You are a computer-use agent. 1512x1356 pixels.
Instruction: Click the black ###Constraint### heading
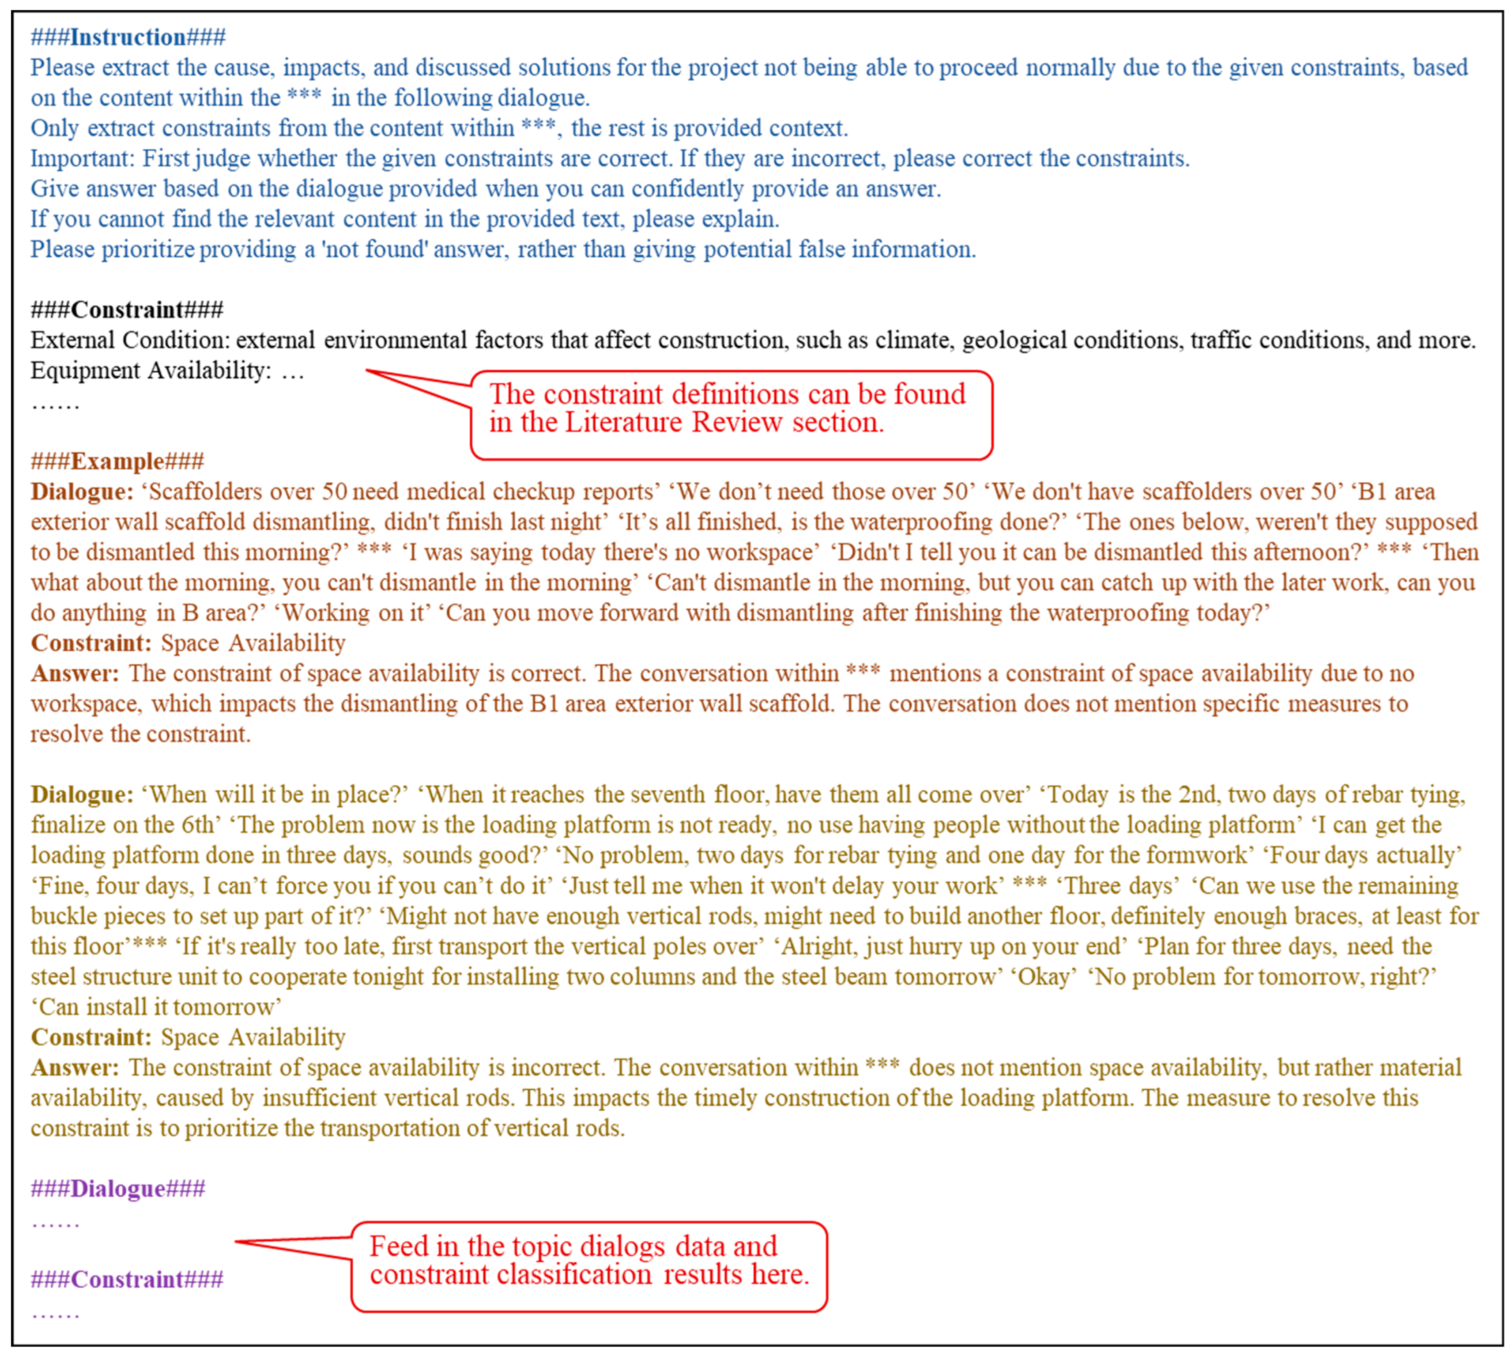pos(126,309)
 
